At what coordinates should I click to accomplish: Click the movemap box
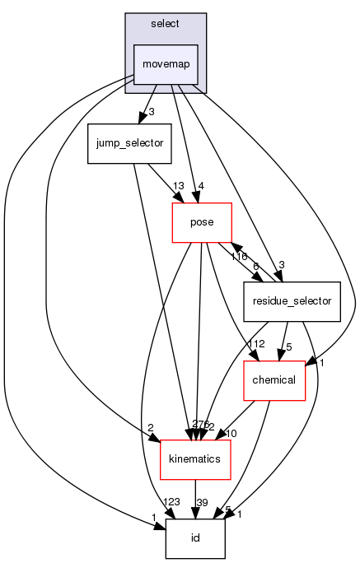tap(166, 63)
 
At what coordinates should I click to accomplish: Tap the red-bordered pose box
tap(201, 222)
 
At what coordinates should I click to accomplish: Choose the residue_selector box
tap(292, 301)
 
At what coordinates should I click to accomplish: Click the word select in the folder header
tap(166, 23)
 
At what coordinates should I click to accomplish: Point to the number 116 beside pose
tap(237, 257)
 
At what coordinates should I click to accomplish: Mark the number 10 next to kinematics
tap(231, 434)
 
